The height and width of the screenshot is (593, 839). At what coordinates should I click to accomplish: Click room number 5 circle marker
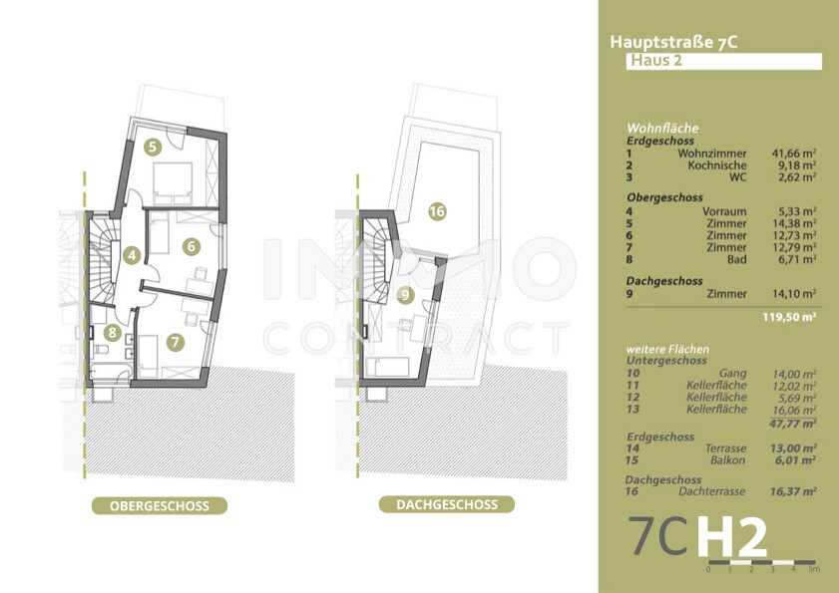coord(152,147)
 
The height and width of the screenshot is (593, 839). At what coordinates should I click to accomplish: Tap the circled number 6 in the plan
coord(192,245)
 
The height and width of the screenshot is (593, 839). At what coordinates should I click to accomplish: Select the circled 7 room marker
coord(176,342)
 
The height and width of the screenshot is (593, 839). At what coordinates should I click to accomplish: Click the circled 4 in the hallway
coord(132,255)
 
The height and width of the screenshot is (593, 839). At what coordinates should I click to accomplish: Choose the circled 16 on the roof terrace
coord(436,210)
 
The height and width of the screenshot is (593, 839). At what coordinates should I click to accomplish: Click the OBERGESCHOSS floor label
coord(159,505)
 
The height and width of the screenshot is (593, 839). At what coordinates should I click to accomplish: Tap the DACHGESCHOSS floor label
coord(446,505)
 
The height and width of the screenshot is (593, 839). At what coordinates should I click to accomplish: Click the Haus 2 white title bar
coord(722,62)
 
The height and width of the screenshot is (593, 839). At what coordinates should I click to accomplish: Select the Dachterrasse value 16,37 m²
coord(794,491)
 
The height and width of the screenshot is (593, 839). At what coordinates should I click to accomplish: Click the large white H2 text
coord(732,539)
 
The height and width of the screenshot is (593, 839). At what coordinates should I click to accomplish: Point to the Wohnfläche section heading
coord(662,129)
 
